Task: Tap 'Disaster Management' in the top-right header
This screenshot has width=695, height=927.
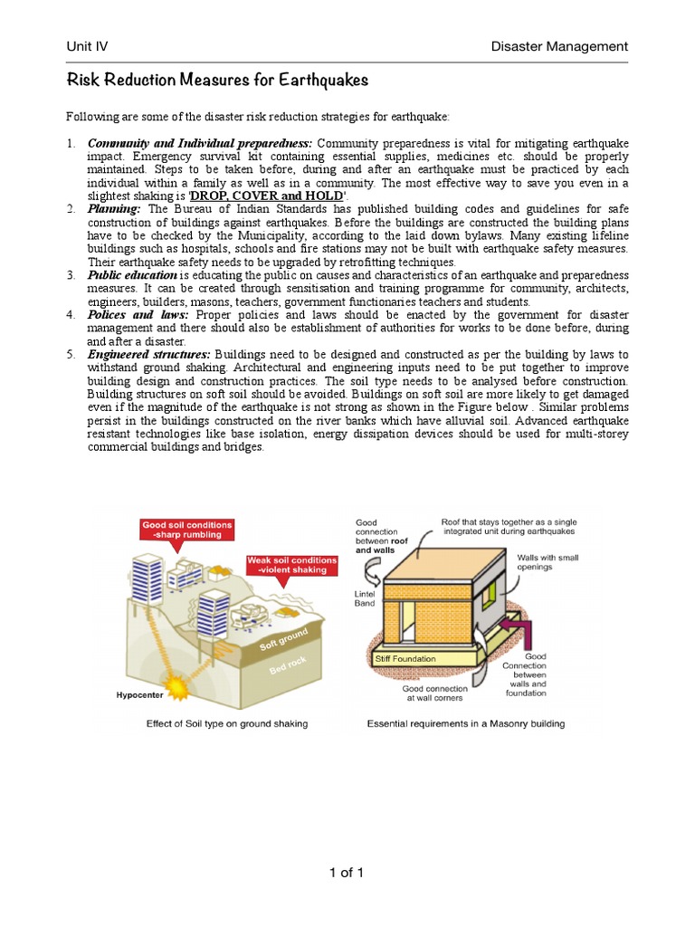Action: [558, 46]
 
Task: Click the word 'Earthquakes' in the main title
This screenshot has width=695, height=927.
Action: [317, 81]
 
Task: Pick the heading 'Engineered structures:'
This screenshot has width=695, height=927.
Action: [149, 354]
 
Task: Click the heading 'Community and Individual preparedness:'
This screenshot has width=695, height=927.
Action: [200, 144]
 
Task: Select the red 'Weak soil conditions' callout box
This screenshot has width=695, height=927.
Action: [291, 566]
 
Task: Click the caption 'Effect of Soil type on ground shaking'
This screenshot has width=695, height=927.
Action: [226, 723]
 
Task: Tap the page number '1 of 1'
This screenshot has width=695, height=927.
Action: [347, 873]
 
